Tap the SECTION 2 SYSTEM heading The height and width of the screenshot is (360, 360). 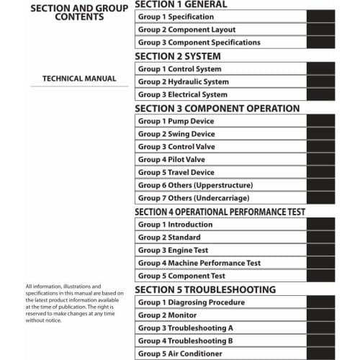click(178, 56)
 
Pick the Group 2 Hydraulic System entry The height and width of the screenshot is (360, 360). click(183, 82)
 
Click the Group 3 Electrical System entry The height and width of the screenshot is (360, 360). click(182, 95)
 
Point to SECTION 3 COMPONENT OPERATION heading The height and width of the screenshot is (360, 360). click(217, 109)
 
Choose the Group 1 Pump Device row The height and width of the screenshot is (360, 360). click(176, 121)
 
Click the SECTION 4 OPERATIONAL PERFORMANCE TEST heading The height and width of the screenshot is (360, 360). click(220, 212)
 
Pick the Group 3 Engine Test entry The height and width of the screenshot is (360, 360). click(174, 250)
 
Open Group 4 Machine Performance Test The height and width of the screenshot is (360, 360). click(199, 263)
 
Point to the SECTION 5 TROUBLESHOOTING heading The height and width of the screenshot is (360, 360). click(205, 289)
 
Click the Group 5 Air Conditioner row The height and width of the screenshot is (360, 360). click(180, 354)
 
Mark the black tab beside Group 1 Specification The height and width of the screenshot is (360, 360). click(320, 17)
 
